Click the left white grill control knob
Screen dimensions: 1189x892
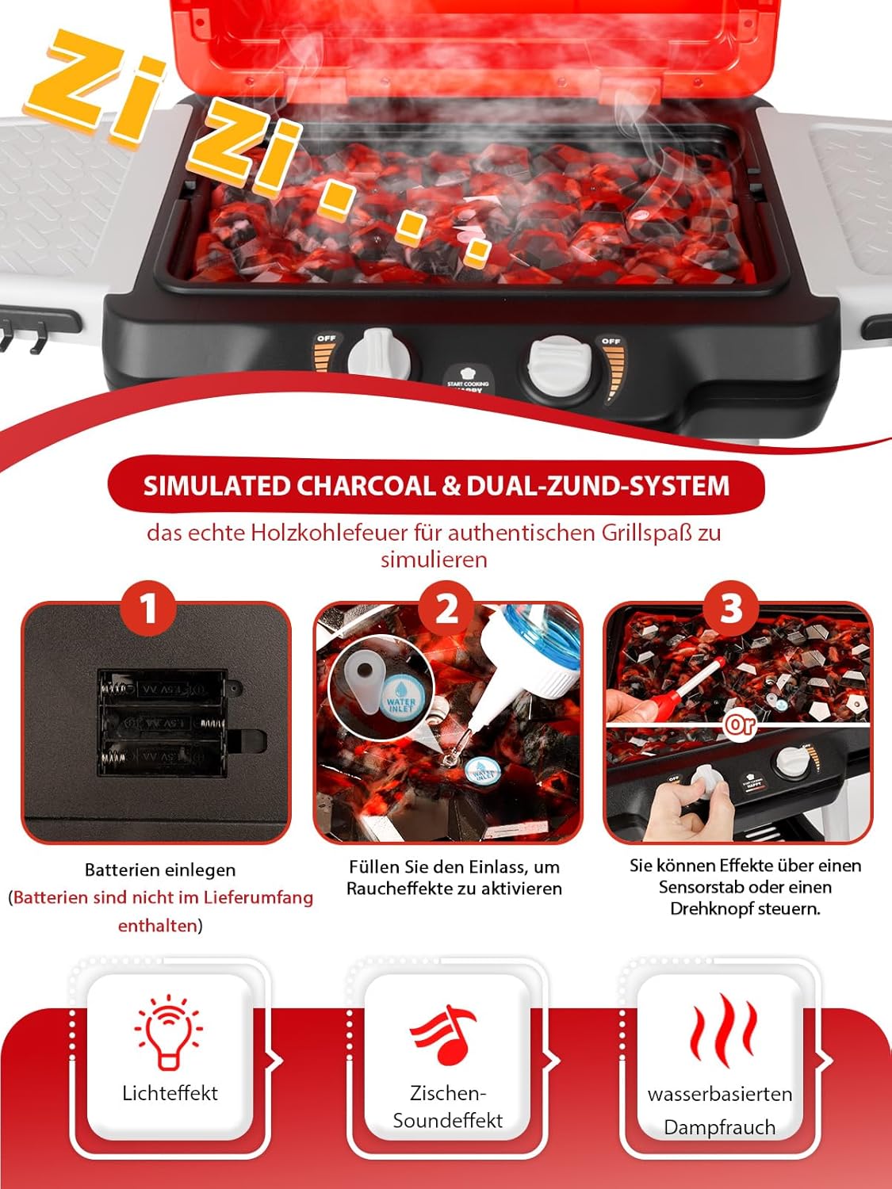[379, 353]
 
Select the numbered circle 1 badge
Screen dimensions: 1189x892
[148, 609]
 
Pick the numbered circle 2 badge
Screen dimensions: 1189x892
[447, 609]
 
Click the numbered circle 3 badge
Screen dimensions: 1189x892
[731, 609]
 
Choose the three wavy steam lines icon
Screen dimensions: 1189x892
[722, 1030]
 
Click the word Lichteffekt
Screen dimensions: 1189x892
[170, 1093]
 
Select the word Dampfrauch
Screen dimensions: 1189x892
[719, 1127]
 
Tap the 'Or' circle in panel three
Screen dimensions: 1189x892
[739, 724]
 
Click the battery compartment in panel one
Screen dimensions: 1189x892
[163, 723]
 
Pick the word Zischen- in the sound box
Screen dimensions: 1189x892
[447, 1093]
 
